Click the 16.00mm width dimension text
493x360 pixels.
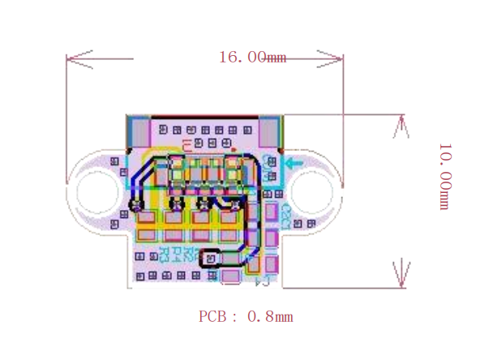coord(252,57)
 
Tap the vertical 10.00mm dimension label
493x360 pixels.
coord(445,176)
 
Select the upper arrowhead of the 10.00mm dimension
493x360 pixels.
coord(400,126)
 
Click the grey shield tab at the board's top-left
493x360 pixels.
coord(139,131)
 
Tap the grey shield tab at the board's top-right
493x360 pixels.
coord(270,131)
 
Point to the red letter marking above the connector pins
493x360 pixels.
coord(188,145)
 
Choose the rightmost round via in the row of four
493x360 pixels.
coord(235,204)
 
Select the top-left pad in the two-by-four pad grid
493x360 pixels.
coord(147,218)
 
